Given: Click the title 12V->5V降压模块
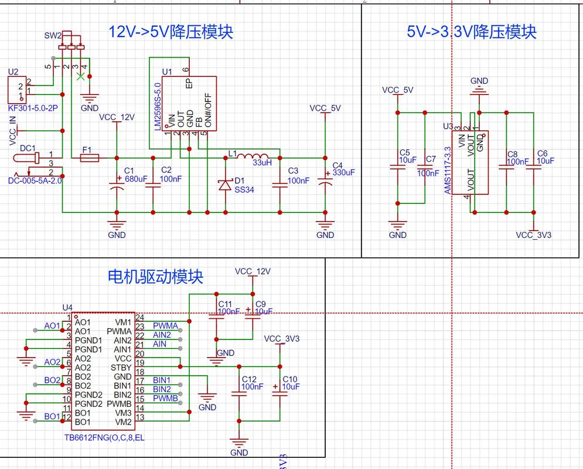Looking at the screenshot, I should (171, 32).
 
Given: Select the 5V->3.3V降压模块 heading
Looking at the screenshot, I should (472, 32).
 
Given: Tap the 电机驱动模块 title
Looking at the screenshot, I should (155, 276).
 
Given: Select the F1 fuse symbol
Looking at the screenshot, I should (89, 158).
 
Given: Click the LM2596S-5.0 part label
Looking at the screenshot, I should (157, 107).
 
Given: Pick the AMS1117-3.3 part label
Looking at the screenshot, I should (448, 171).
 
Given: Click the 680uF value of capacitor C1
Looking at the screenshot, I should (136, 178).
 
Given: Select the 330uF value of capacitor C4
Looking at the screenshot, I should (343, 172).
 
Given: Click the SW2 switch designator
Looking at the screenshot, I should (53, 36).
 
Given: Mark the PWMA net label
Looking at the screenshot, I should (166, 325).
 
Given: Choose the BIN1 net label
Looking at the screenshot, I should (162, 380).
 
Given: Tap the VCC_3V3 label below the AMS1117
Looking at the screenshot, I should (533, 235).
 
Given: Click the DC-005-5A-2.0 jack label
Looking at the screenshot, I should (35, 181).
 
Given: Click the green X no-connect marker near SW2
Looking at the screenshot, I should (80, 75).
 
